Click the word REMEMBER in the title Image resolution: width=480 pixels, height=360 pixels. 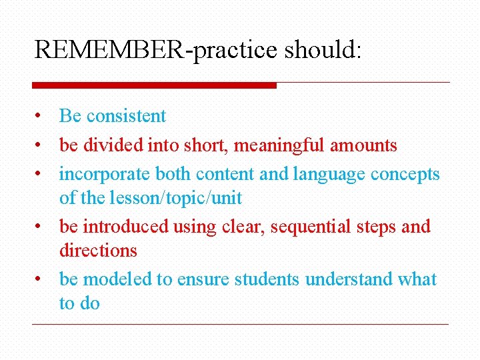coord(112,50)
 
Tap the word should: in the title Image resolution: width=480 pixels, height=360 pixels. coord(323,50)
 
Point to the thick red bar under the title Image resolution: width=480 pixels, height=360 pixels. coord(154,85)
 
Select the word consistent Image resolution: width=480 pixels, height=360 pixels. coord(126,116)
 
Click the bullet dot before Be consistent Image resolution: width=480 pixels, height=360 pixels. coord(40,116)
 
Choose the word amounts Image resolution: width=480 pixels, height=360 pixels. coord(363,145)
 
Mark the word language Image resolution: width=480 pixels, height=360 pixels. coord(329,174)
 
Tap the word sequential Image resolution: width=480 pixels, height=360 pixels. coord(313,227)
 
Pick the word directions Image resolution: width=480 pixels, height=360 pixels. coord(98,251)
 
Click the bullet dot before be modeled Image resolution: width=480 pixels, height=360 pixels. coord(40,280)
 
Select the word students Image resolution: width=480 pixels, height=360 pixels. coord(267,279)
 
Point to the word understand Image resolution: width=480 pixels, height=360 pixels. coord(349,279)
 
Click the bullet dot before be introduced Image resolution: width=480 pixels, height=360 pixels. coord(40,227)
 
